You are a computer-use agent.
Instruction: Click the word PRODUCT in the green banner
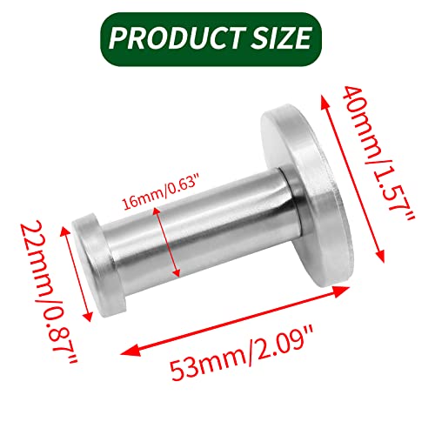(175, 38)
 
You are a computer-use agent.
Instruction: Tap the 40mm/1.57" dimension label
(379, 153)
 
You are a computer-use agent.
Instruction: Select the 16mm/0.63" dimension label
(161, 191)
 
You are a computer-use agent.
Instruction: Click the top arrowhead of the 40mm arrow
(325, 102)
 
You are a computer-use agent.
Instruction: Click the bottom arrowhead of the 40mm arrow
(380, 255)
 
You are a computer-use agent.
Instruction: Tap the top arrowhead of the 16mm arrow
(157, 212)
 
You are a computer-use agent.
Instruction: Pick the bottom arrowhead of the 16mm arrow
(176, 271)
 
